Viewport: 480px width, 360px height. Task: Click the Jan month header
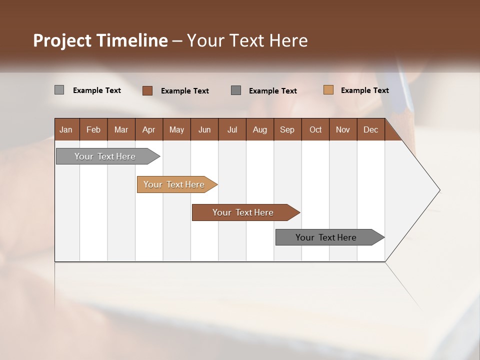point(66,129)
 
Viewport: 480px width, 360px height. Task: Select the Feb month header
point(93,129)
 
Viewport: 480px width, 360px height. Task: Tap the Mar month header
point(121,129)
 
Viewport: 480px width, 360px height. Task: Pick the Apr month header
point(148,129)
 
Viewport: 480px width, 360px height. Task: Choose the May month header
point(176,129)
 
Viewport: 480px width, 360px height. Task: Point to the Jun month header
point(204,129)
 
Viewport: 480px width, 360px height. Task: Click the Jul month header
point(232,129)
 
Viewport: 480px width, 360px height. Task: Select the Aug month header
point(260,129)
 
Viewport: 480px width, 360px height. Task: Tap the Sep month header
point(287,129)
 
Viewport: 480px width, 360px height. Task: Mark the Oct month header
point(315,129)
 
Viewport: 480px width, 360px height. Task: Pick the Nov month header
point(343,129)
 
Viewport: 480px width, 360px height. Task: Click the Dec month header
point(371,129)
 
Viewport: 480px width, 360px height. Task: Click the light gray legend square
point(59,90)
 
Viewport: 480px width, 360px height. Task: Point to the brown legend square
point(147,90)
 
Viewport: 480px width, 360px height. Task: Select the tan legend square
point(328,90)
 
